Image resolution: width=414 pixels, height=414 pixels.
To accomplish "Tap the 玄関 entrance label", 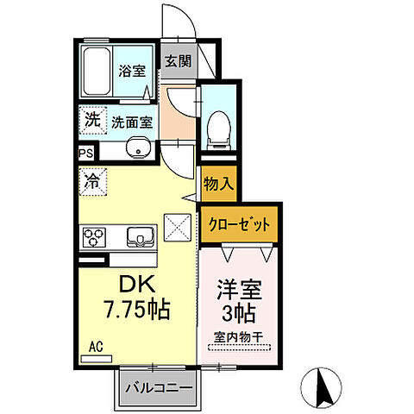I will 178,61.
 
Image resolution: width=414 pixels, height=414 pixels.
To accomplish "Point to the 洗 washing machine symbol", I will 92,120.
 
